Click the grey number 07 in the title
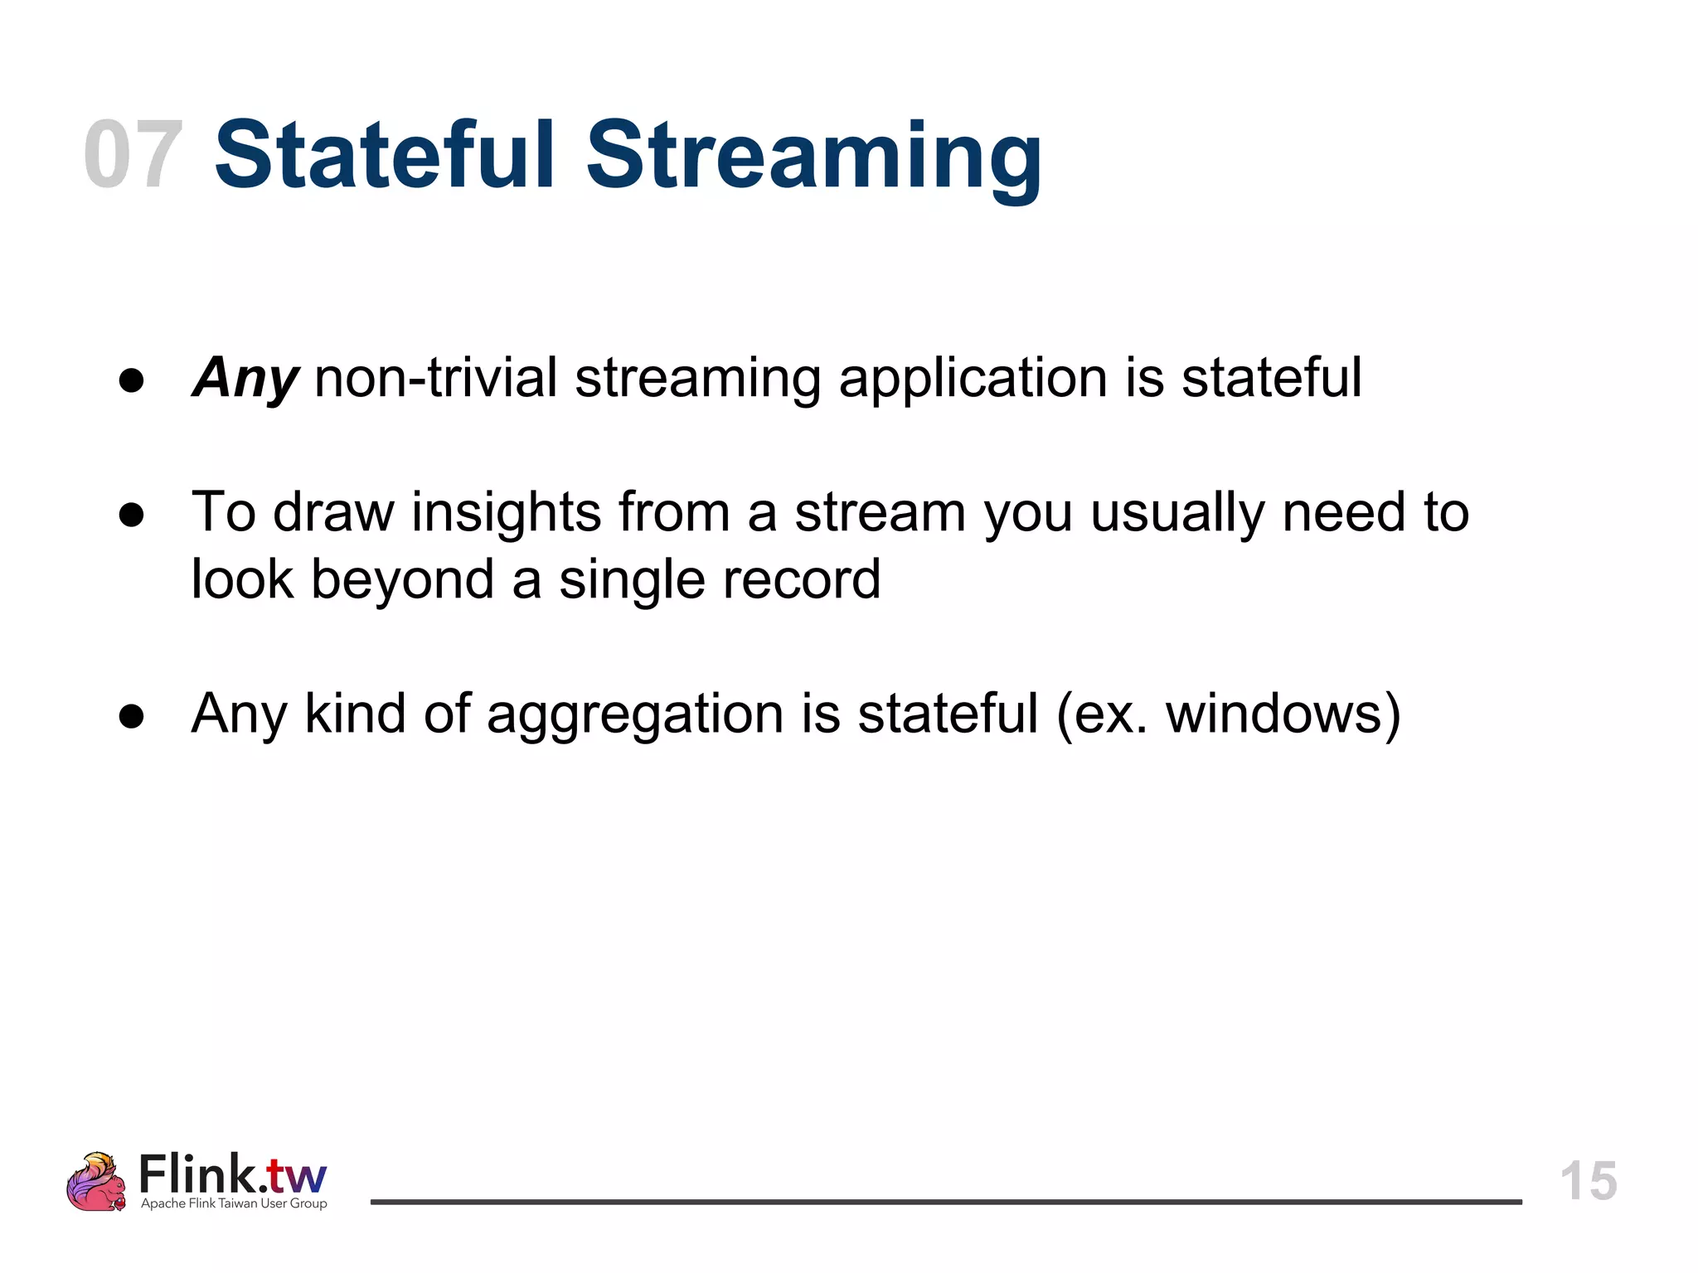point(133,155)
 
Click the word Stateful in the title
point(384,155)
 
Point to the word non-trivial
point(436,378)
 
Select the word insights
point(506,512)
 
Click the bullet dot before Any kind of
point(132,716)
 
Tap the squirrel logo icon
point(96,1182)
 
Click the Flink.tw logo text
point(233,1174)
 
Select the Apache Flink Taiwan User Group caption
point(234,1203)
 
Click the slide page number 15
point(1588,1180)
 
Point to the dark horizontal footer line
point(945,1202)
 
